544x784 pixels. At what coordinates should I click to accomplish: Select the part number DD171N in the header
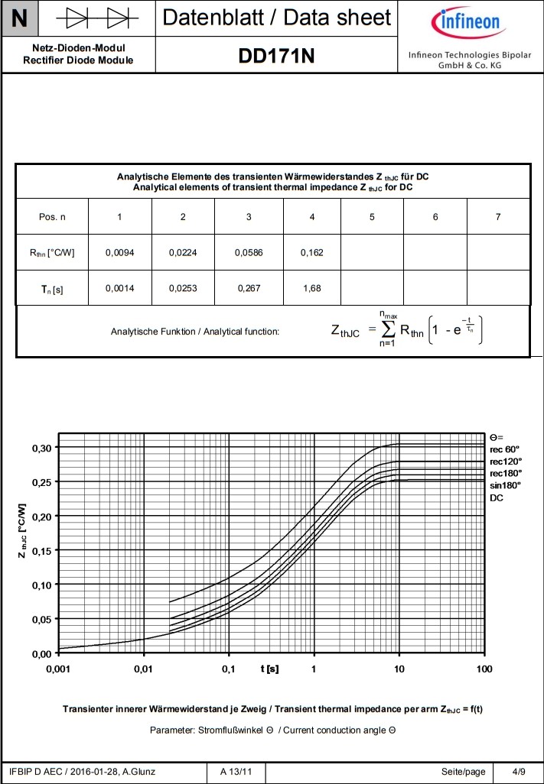pos(276,56)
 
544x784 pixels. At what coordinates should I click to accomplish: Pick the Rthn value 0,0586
pos(249,252)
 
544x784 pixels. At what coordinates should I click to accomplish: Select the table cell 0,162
pos(311,252)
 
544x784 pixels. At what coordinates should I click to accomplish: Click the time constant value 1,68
pos(311,290)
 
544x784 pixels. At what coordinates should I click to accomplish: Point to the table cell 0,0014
pos(119,290)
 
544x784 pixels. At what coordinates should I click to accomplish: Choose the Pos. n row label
pos(52,217)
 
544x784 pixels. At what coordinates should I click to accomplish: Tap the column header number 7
pos(498,217)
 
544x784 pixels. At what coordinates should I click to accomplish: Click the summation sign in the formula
pos(387,330)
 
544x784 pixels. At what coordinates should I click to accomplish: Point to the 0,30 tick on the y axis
pos(41,448)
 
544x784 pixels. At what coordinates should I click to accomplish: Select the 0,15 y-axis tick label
pos(41,551)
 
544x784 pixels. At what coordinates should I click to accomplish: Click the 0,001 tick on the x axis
pos(58,669)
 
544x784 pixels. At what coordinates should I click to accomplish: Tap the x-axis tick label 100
pos(484,669)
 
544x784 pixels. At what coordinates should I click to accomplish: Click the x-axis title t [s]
pos(269,669)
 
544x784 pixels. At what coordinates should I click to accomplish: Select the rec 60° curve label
pos(504,449)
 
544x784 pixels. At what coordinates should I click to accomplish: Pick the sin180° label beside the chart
pos(505,484)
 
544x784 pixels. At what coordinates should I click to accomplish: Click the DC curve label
pos(497,497)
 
